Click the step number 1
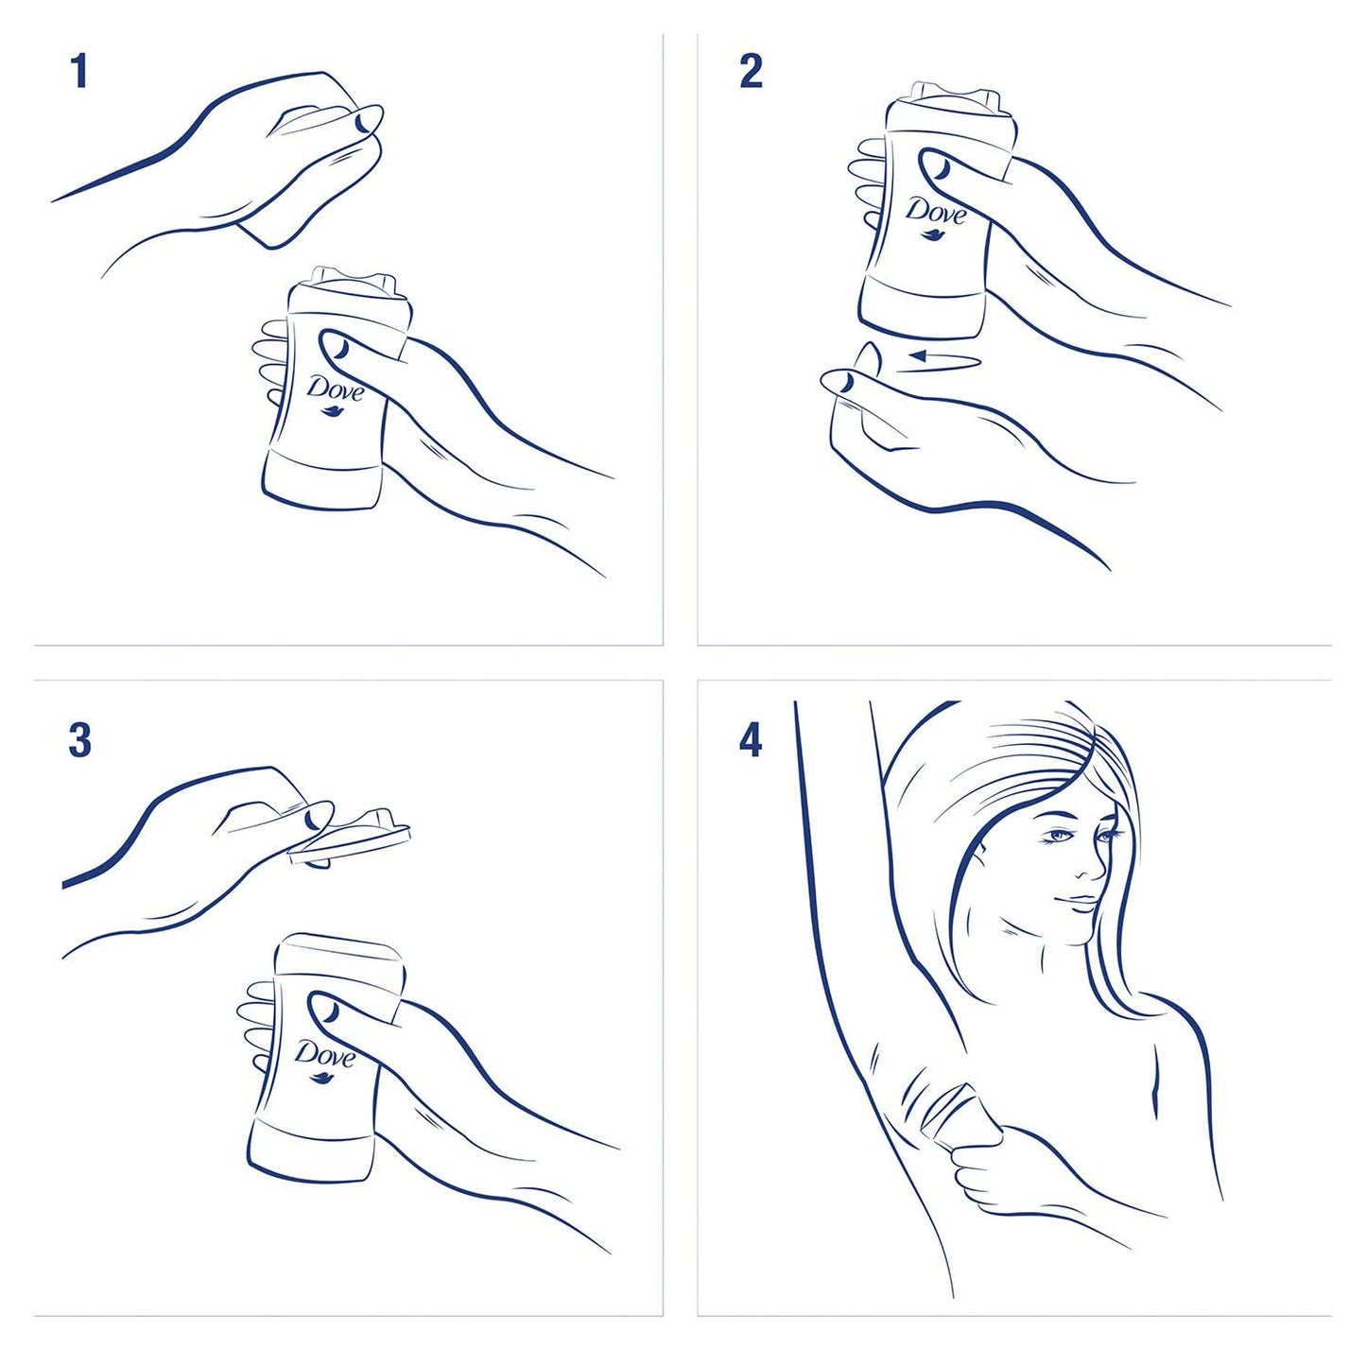click(80, 72)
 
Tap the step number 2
click(751, 72)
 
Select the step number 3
click(80, 740)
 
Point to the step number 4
click(751, 740)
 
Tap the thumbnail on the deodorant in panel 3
click(330, 1012)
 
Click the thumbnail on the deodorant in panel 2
click(942, 169)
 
